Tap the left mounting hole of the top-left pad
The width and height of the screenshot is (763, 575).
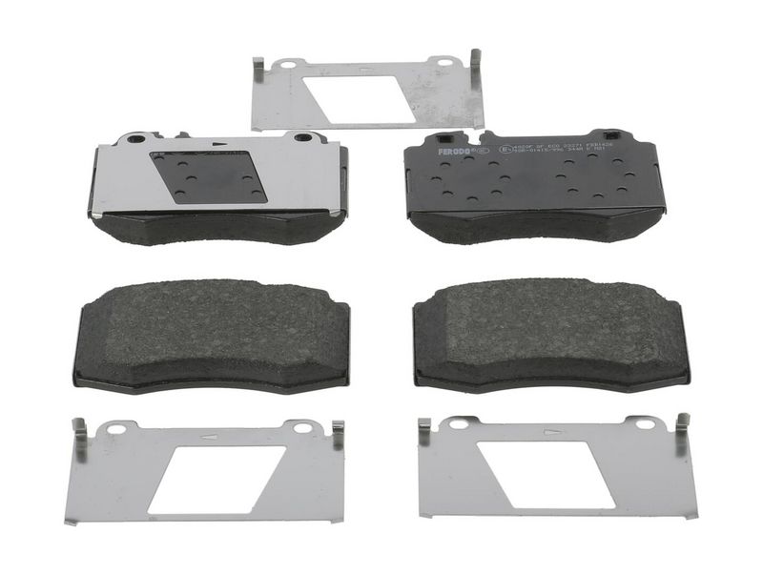coord(134,138)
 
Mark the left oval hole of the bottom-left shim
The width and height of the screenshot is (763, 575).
coord(116,429)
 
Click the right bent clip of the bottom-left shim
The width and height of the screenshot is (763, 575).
coord(337,435)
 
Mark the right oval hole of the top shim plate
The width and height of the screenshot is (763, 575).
coord(442,63)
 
